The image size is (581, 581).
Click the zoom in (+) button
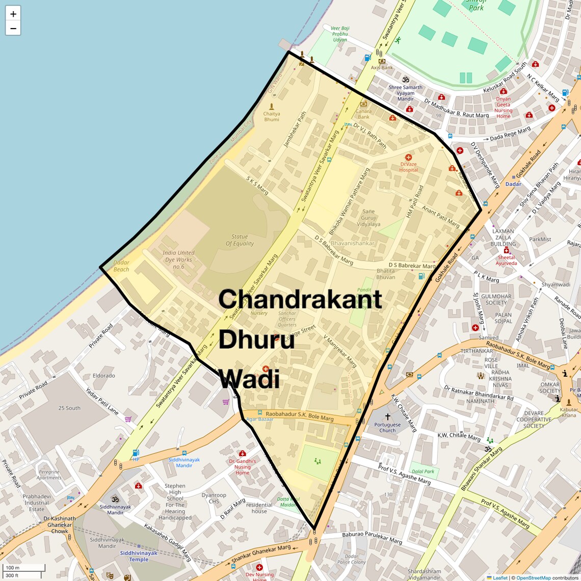pyautogui.click(x=13, y=14)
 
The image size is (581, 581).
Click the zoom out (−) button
pyautogui.click(x=13, y=29)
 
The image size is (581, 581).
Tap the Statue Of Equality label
pyautogui.click(x=240, y=240)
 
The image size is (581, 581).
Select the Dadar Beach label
pyautogui.click(x=121, y=266)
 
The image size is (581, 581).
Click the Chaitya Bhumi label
pyautogui.click(x=272, y=117)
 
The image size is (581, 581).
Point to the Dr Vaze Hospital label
pyautogui.click(x=409, y=167)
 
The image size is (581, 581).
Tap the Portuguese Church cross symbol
pyautogui.click(x=387, y=416)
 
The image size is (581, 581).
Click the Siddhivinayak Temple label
pyautogui.click(x=139, y=556)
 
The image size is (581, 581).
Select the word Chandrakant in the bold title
pyautogui.click(x=300, y=299)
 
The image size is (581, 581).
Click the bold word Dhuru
pyautogui.click(x=256, y=339)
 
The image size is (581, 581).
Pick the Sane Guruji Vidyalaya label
pyautogui.click(x=368, y=218)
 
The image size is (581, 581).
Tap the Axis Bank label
pyautogui.click(x=382, y=67)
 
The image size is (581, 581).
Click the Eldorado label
pyautogui.click(x=104, y=376)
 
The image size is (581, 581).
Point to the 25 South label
pyautogui.click(x=69, y=408)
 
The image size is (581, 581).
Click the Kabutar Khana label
pyautogui.click(x=569, y=412)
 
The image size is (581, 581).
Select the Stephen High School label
pyautogui.click(x=175, y=501)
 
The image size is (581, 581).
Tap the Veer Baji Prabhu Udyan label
pyautogui.click(x=340, y=34)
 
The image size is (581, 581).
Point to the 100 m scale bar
pyautogui.click(x=23, y=568)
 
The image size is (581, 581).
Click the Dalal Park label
pyautogui.click(x=423, y=471)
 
